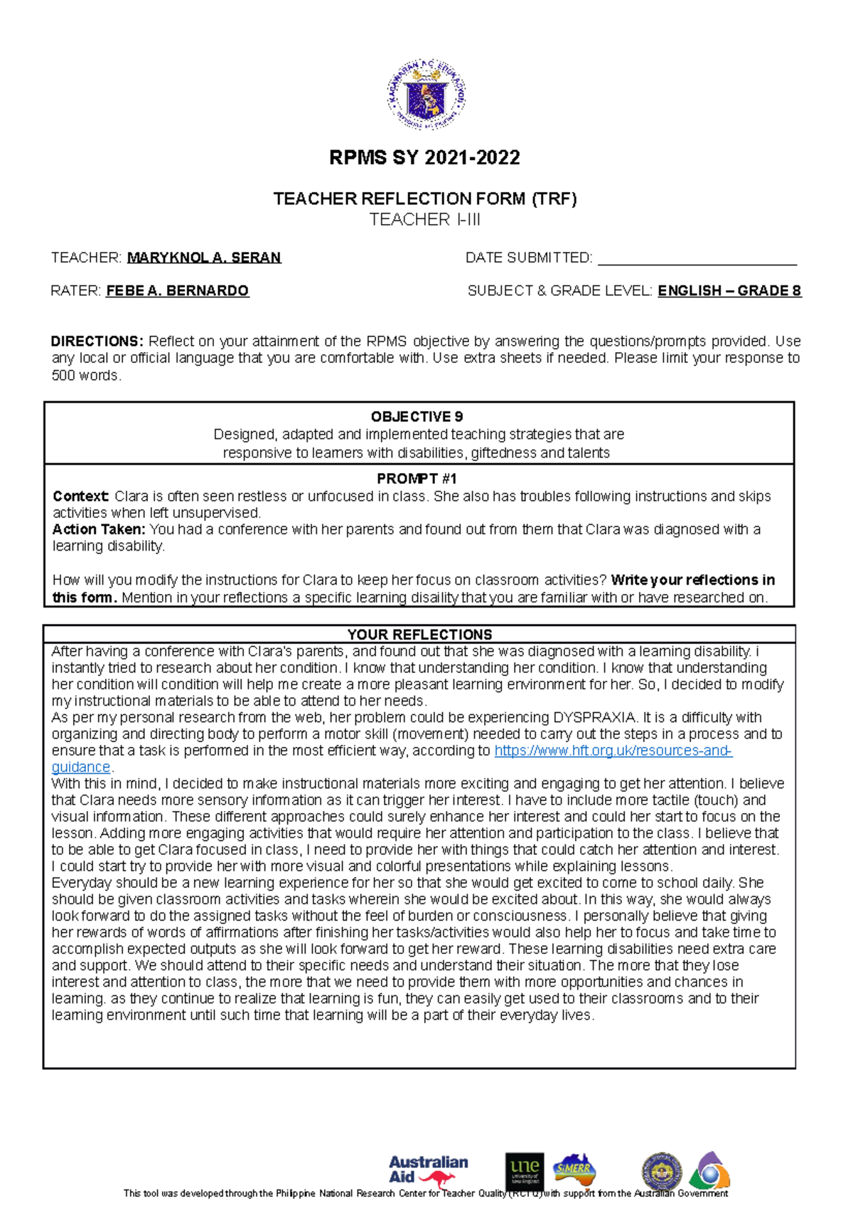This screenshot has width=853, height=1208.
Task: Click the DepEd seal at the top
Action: pyautogui.click(x=426, y=94)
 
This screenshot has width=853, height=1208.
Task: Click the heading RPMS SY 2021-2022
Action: pyautogui.click(x=424, y=157)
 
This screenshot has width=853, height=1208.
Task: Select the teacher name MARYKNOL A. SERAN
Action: pyautogui.click(x=204, y=258)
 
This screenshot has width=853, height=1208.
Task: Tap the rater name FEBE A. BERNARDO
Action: pyautogui.click(x=177, y=290)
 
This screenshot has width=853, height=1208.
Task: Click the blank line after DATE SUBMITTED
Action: pyautogui.click(x=697, y=259)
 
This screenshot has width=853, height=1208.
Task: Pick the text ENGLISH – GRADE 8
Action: pyautogui.click(x=729, y=290)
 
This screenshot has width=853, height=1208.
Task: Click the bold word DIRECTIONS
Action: pyautogui.click(x=97, y=341)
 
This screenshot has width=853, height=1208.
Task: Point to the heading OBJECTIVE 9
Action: pyautogui.click(x=417, y=417)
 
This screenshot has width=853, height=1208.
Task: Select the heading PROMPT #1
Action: pyautogui.click(x=417, y=479)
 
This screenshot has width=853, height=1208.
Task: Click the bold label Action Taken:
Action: pyautogui.click(x=99, y=529)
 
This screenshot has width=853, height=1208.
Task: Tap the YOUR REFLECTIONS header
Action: pyautogui.click(x=419, y=635)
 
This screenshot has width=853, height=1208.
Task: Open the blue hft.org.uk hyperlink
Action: pyautogui.click(x=613, y=751)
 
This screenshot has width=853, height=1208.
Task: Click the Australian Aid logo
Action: pyautogui.click(x=427, y=1170)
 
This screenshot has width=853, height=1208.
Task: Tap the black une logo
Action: pyautogui.click(x=525, y=1171)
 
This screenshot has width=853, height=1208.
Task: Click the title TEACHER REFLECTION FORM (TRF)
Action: pyautogui.click(x=424, y=198)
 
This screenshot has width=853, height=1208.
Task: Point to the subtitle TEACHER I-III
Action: pyautogui.click(x=424, y=220)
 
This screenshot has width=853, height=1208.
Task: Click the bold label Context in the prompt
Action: pyautogui.click(x=80, y=496)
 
